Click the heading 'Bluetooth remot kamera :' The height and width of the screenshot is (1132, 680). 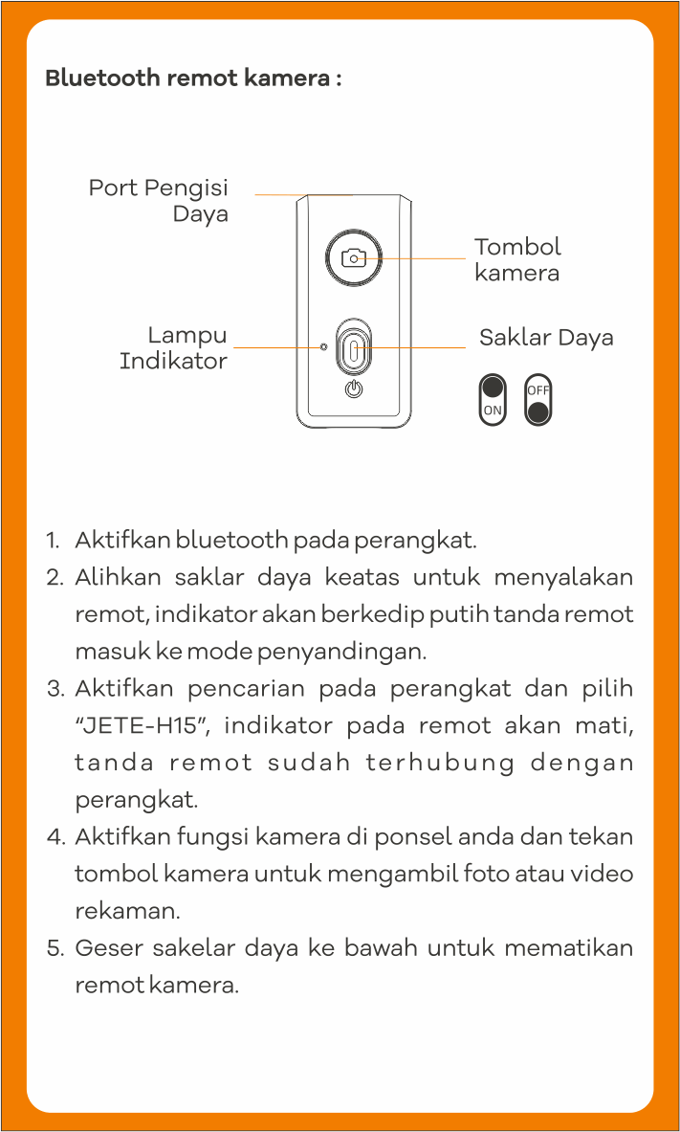coord(193,78)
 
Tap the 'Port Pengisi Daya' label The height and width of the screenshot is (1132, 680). coord(159,200)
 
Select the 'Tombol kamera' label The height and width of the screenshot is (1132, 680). coord(517,259)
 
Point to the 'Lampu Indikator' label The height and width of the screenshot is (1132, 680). coord(174,348)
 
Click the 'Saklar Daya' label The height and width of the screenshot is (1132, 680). coord(546,338)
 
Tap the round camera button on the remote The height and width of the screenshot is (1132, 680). coord(354,257)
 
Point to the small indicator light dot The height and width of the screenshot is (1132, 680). coord(324,345)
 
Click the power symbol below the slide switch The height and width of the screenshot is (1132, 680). coord(354,389)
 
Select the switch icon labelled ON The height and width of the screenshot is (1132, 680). coord(493,399)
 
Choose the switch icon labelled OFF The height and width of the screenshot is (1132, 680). coord(538,399)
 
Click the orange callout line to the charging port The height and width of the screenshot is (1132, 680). coord(303,194)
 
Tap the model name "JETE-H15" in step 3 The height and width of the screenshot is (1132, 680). coord(143,726)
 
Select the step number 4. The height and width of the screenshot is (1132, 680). coord(55,838)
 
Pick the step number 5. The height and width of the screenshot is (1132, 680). coord(55,949)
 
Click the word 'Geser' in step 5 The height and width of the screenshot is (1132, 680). coord(107,948)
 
